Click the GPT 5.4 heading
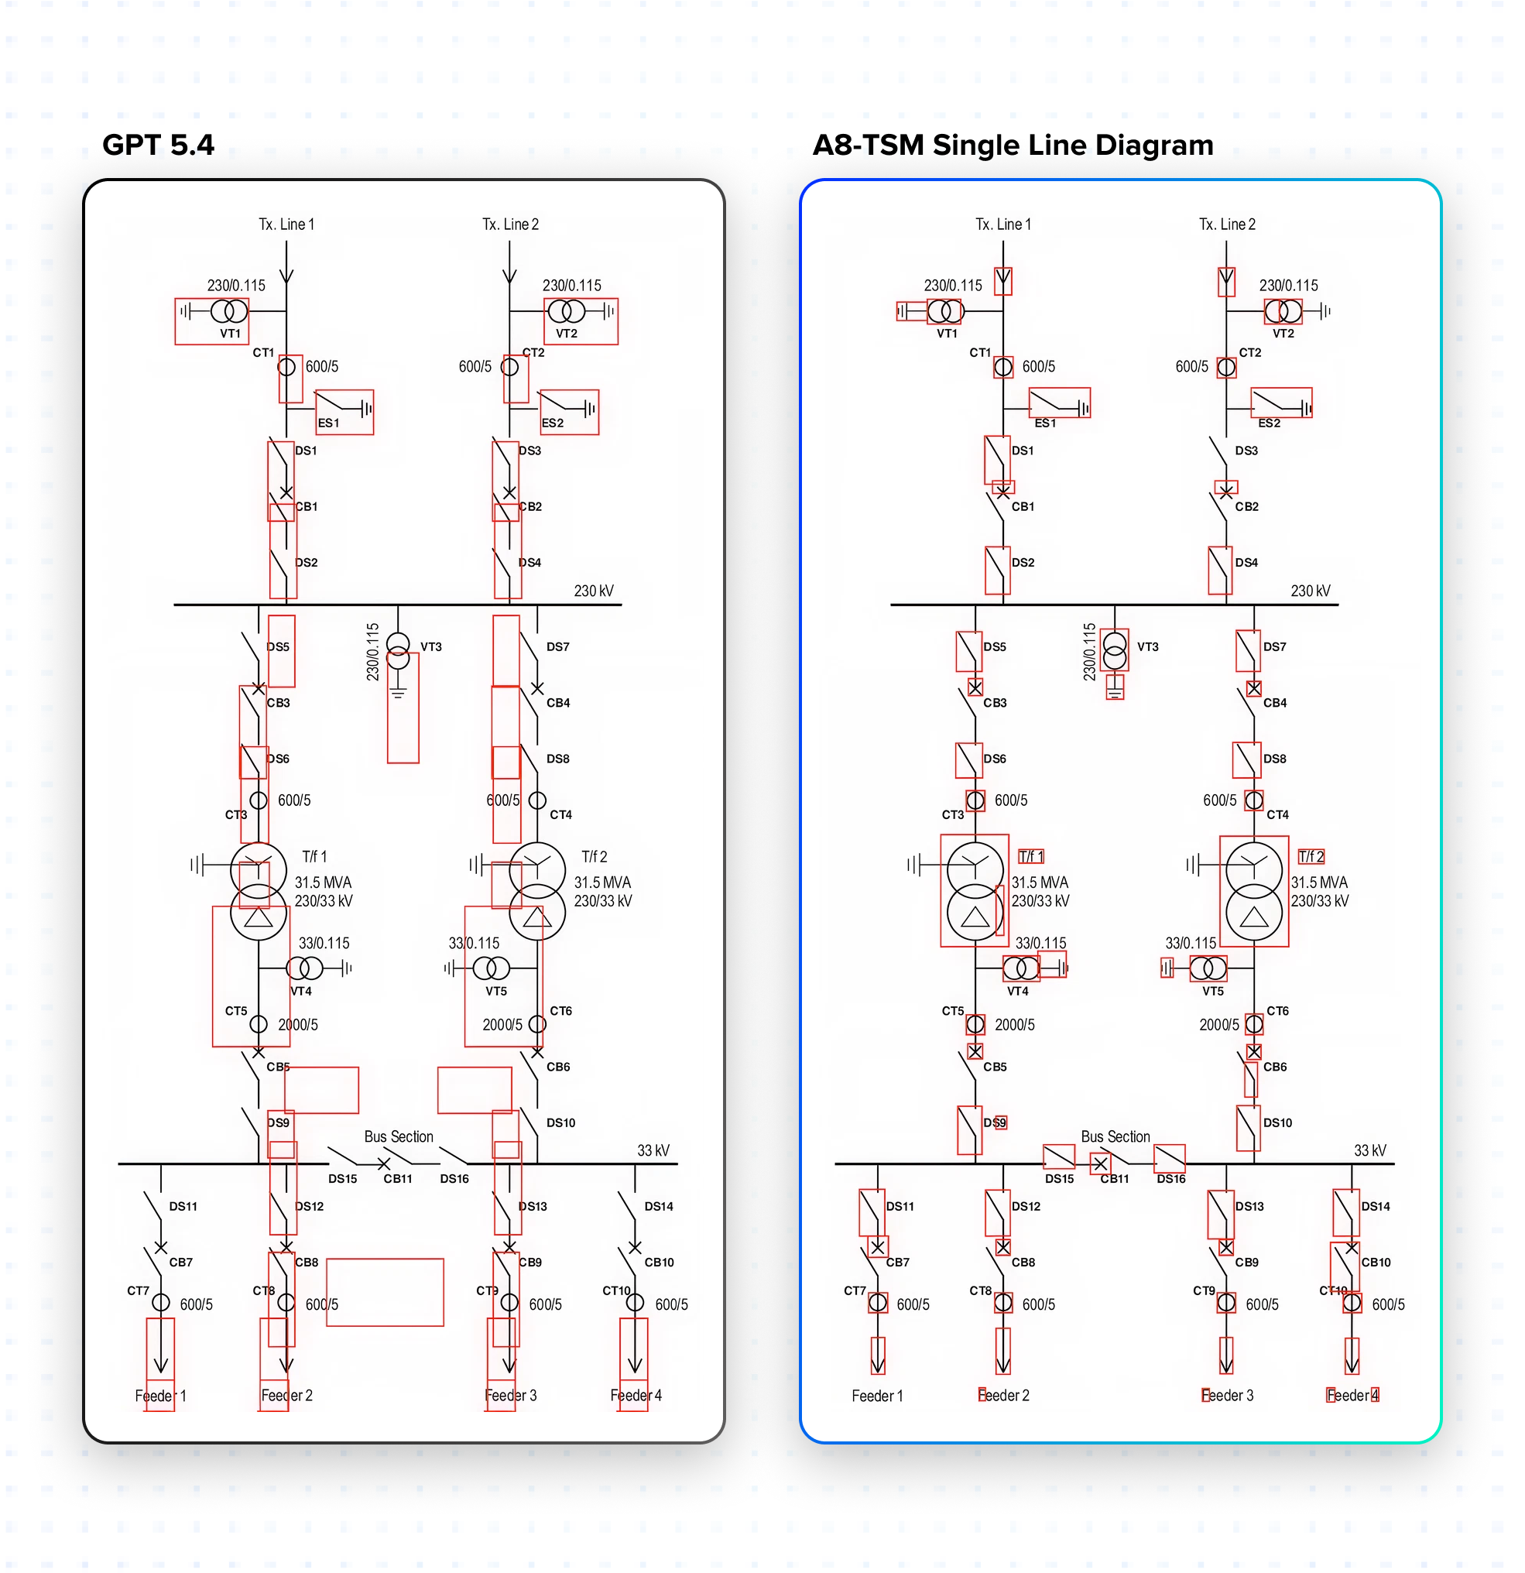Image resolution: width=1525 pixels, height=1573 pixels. pyautogui.click(x=158, y=146)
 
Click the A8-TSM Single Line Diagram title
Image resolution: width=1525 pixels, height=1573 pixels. pyautogui.click(x=1013, y=146)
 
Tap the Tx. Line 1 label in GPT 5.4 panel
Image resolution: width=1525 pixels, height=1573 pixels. pyautogui.click(x=286, y=224)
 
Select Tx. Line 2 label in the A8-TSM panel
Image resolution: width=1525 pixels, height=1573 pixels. pyautogui.click(x=1227, y=224)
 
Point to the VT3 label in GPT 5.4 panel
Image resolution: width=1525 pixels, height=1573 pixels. pyautogui.click(x=431, y=647)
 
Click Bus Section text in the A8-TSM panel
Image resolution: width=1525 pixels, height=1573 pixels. pyautogui.click(x=1115, y=1137)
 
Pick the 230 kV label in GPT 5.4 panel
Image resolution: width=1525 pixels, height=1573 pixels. pyautogui.click(x=593, y=591)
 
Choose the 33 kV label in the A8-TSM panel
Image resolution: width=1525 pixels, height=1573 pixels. pyautogui.click(x=1370, y=1151)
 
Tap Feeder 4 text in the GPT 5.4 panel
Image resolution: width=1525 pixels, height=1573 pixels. pyautogui.click(x=636, y=1396)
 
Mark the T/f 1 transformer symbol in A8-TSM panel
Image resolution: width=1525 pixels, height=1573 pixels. pyautogui.click(x=975, y=891)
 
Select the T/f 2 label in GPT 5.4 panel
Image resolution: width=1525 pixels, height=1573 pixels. pyautogui.click(x=594, y=857)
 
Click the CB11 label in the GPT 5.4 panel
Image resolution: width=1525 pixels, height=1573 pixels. pyautogui.click(x=397, y=1179)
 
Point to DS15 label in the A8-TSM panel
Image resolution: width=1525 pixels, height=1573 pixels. pyautogui.click(x=1060, y=1179)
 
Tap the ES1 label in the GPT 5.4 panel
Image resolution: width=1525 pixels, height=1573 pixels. pyautogui.click(x=328, y=423)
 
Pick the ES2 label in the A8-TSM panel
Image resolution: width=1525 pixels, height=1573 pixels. pyautogui.click(x=1269, y=423)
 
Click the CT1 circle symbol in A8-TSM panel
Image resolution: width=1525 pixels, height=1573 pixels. pyautogui.click(x=1003, y=368)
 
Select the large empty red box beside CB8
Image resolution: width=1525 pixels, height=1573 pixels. pyautogui.click(x=385, y=1292)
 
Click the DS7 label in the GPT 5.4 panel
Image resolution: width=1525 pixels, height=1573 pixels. pyautogui.click(x=558, y=647)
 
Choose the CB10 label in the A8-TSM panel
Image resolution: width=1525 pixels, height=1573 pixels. pyautogui.click(x=1376, y=1263)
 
